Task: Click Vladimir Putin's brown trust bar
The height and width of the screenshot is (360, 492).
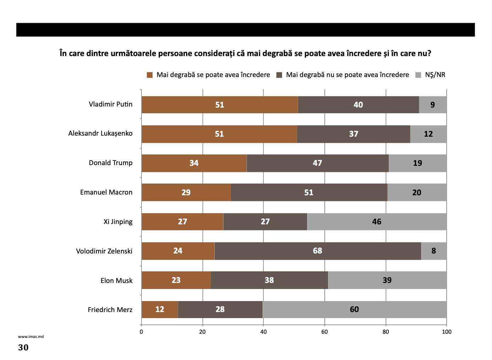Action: (x=220, y=105)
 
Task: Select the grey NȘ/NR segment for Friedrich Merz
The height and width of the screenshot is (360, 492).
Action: (x=354, y=309)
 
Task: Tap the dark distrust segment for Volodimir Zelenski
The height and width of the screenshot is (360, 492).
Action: (x=317, y=251)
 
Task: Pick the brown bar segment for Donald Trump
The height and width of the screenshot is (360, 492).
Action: (x=194, y=163)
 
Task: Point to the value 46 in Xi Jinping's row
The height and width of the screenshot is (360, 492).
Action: (x=377, y=222)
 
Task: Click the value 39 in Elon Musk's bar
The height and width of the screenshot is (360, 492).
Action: (x=387, y=280)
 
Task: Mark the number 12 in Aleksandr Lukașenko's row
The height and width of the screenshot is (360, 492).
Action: (x=428, y=134)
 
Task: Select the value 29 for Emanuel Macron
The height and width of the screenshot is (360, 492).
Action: (x=186, y=192)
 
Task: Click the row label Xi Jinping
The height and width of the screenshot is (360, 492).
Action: (x=118, y=222)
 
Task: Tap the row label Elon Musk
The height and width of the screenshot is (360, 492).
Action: (x=116, y=280)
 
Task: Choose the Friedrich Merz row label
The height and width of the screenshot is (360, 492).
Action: (x=110, y=310)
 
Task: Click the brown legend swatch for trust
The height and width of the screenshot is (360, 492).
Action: (x=150, y=75)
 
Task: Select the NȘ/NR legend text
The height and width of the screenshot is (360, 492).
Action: (x=435, y=75)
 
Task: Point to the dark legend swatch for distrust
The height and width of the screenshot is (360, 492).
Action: (x=279, y=75)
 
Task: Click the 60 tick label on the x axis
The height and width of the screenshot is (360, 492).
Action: (x=325, y=332)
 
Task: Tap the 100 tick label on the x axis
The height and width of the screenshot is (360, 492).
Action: (x=447, y=332)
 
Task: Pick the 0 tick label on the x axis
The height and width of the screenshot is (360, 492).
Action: (x=142, y=332)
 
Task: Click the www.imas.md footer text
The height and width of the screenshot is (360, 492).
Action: (x=31, y=337)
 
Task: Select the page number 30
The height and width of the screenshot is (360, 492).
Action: (x=23, y=347)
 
